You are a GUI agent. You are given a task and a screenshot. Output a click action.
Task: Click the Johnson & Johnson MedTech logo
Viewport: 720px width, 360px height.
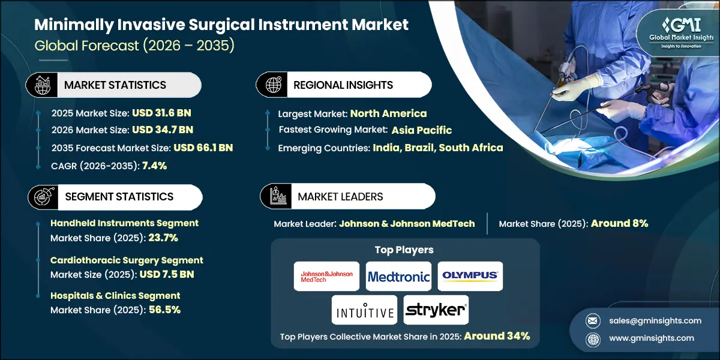pos(326,277)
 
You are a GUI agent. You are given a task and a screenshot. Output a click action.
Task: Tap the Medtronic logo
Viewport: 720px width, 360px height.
pos(398,277)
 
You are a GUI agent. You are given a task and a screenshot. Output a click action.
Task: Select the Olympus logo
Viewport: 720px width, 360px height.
pos(470,276)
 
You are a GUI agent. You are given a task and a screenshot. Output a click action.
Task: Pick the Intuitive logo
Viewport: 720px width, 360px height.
pos(364,310)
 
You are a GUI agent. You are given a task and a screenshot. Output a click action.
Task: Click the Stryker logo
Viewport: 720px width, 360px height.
pos(436,310)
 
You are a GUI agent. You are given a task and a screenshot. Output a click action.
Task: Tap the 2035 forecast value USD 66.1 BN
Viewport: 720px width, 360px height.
pos(203,148)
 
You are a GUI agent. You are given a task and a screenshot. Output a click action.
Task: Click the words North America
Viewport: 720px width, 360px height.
pos(388,113)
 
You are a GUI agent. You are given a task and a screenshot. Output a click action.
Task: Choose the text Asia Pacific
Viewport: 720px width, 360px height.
pos(422,130)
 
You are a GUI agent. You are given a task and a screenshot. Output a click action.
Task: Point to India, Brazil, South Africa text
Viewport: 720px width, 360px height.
pos(438,148)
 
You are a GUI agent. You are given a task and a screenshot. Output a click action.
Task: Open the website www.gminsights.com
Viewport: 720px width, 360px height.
pos(650,338)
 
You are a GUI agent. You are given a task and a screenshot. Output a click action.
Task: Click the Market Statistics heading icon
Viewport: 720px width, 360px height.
pos(41,85)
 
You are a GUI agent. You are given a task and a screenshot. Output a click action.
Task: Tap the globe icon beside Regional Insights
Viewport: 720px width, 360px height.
pos(272,85)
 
